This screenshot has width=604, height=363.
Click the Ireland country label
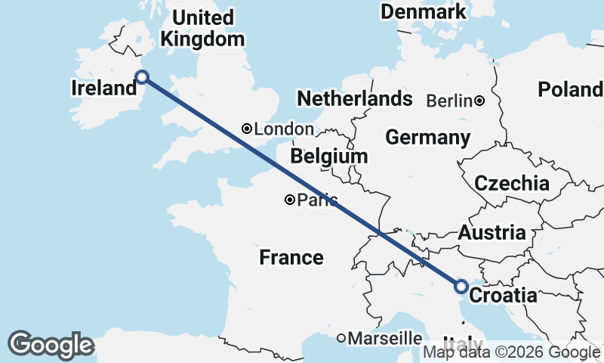(103, 88)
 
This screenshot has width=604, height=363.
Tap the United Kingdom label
(203, 28)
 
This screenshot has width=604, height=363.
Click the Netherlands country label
(355, 99)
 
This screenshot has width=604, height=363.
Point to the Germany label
(427, 138)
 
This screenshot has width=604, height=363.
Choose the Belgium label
(328, 157)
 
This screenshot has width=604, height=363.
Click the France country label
(291, 258)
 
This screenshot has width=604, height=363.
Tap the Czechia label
(511, 183)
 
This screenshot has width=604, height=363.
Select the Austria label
(492, 232)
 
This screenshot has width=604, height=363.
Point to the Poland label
(570, 90)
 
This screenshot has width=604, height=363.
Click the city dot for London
(246, 129)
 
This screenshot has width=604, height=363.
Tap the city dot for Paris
(290, 200)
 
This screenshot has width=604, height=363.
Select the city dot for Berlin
(479, 101)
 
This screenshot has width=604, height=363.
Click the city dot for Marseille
(341, 337)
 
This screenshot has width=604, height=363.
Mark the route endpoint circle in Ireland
(141, 76)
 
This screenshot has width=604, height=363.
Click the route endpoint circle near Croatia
(461, 286)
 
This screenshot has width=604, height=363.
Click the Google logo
(51, 345)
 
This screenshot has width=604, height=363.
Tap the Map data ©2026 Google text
(511, 352)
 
